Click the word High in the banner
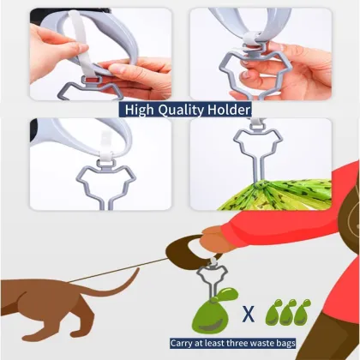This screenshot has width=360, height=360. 142,110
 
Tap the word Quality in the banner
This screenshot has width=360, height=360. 184,110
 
